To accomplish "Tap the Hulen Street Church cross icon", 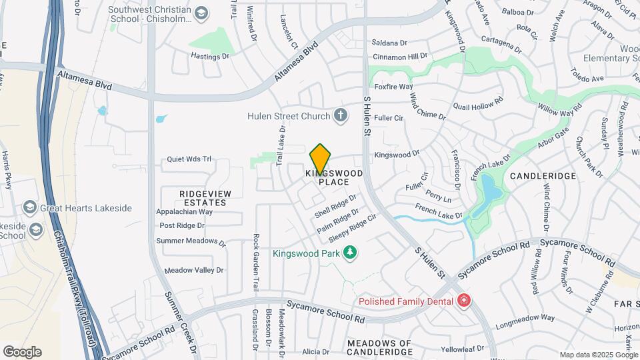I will click(341, 116).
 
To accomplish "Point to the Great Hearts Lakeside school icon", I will click(29, 208).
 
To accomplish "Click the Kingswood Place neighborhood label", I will click(334, 177).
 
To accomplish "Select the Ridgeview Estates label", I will click(205, 197).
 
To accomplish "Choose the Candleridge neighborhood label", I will click(542, 176).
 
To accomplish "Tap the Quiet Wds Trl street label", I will click(189, 159).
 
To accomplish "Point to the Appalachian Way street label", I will click(185, 212).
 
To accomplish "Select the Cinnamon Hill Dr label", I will click(399, 57).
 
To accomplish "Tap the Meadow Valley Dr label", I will click(194, 270).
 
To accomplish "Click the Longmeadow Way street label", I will click(525, 318).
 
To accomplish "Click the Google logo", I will click(22, 351).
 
